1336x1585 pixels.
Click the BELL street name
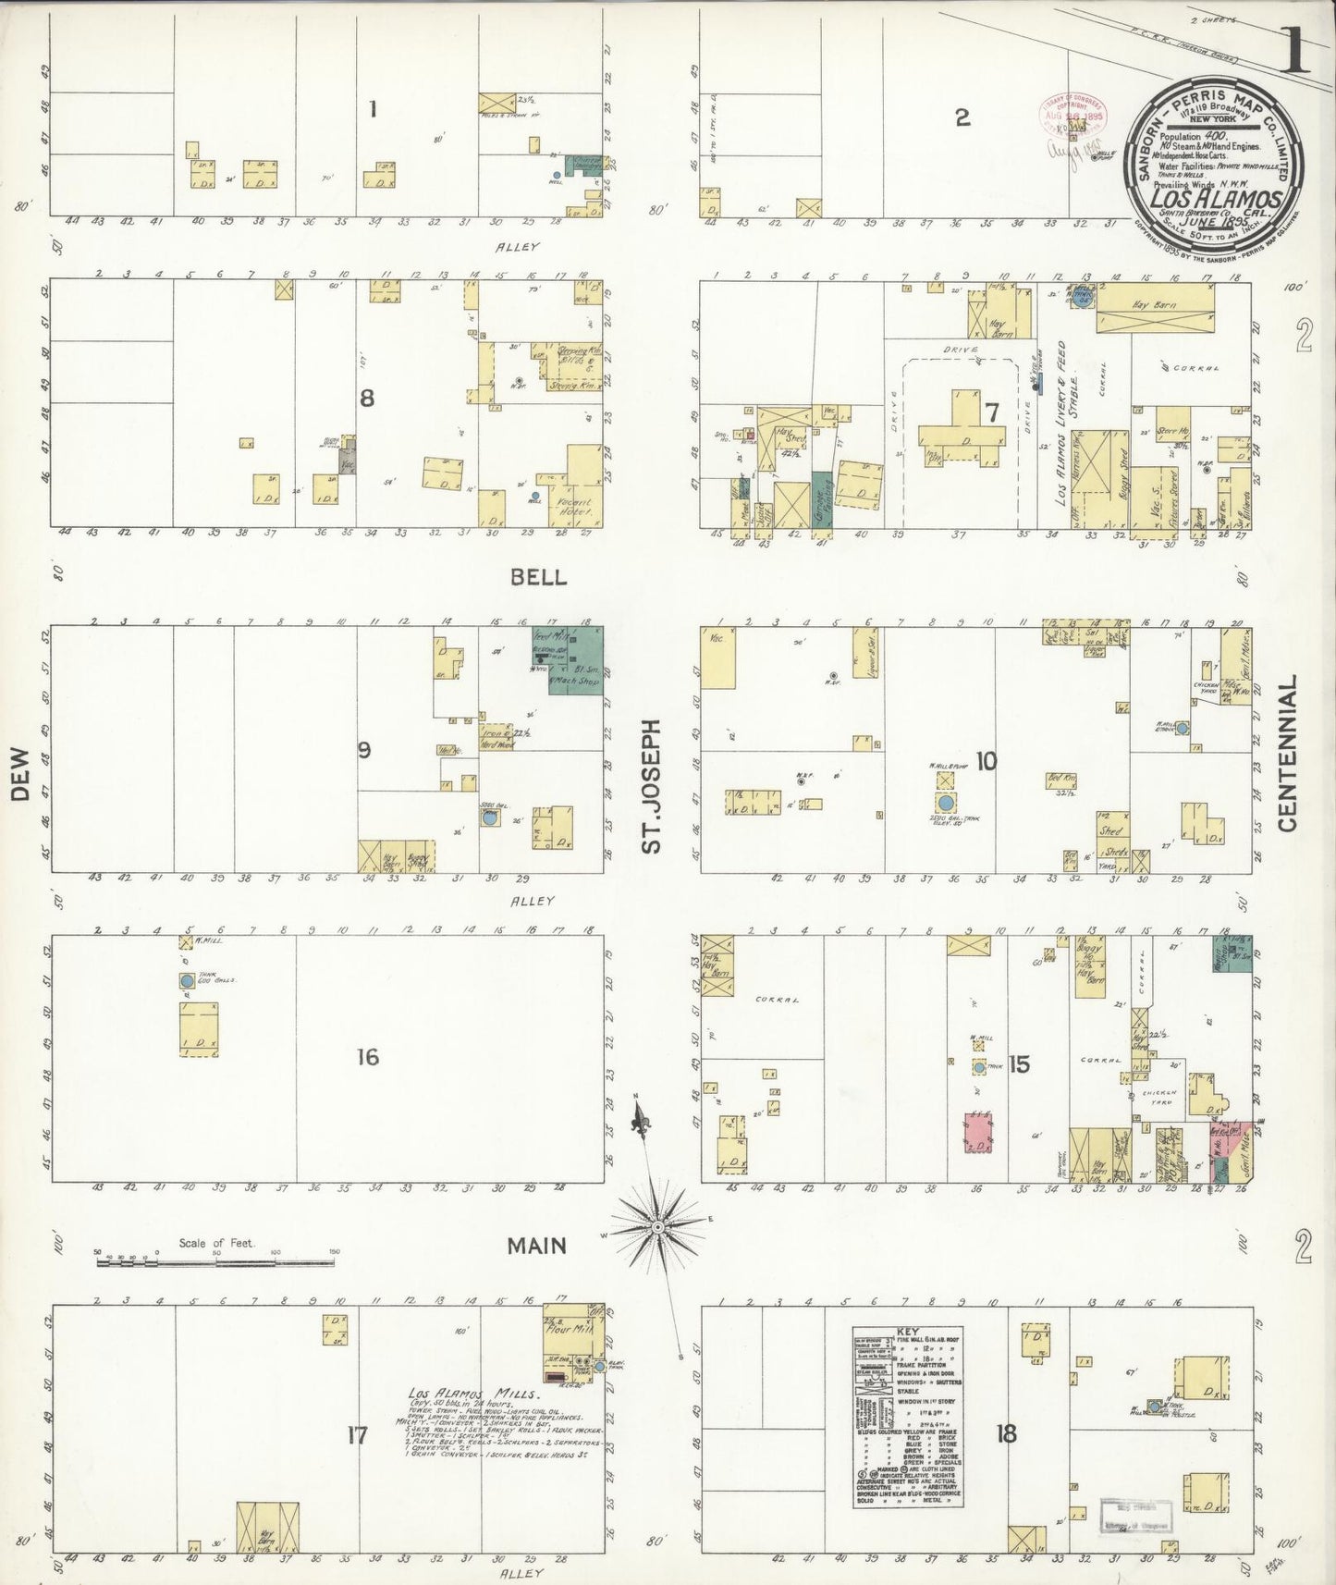click(538, 577)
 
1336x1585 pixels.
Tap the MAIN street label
click(536, 1246)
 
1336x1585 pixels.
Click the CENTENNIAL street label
click(1288, 752)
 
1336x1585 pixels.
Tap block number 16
click(368, 1056)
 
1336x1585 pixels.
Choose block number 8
click(367, 398)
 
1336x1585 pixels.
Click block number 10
click(987, 761)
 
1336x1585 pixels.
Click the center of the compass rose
click(656, 1227)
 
